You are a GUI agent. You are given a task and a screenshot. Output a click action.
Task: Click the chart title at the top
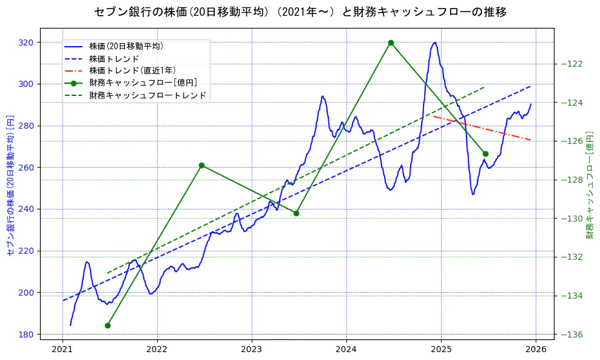pos(300,12)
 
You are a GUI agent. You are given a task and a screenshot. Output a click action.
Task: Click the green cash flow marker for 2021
pos(107,325)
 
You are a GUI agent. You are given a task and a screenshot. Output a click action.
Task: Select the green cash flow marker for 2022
pos(201,165)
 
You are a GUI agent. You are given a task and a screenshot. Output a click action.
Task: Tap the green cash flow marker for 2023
pos(296,213)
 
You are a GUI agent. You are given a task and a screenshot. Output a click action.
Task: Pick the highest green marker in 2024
pos(391,42)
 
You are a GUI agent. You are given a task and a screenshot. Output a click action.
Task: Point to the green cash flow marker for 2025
pos(485,154)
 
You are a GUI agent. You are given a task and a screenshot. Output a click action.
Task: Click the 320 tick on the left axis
pos(27,42)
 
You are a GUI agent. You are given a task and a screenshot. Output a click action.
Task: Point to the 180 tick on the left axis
pos(27,335)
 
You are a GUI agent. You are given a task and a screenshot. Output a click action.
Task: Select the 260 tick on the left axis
pos(27,168)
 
